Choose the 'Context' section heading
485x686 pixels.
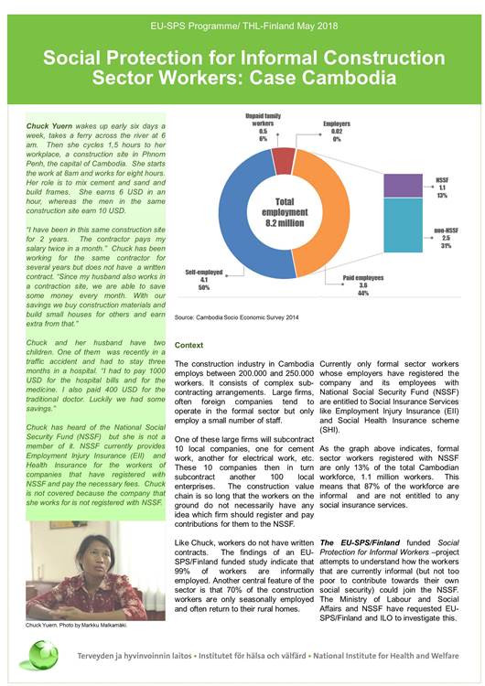(189, 345)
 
